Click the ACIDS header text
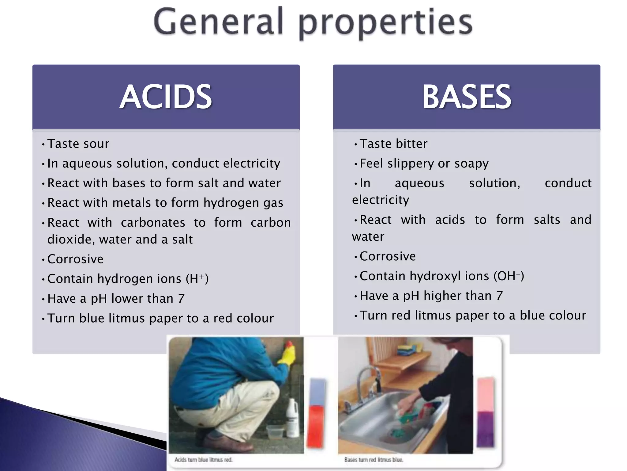166,97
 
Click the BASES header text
467,97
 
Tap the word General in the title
218,22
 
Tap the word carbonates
153,223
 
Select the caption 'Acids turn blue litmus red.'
204,460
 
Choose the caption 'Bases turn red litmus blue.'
374,460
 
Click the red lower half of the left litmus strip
315,426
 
